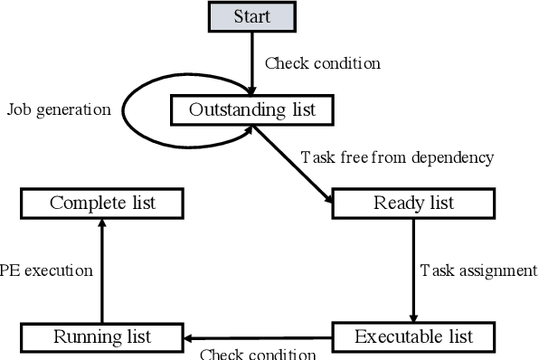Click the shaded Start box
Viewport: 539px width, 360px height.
(251, 17)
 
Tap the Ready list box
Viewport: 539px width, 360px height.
(413, 203)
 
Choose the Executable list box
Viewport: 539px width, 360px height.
(413, 337)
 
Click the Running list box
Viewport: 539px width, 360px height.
(101, 337)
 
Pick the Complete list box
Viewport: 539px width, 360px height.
(102, 203)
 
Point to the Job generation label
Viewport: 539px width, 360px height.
(59, 110)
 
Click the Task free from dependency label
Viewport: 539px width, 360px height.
(397, 157)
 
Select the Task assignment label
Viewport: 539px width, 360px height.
(478, 270)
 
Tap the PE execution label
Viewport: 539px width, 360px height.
(47, 270)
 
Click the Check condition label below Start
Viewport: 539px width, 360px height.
(322, 63)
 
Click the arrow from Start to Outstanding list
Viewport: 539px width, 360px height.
(251, 63)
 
